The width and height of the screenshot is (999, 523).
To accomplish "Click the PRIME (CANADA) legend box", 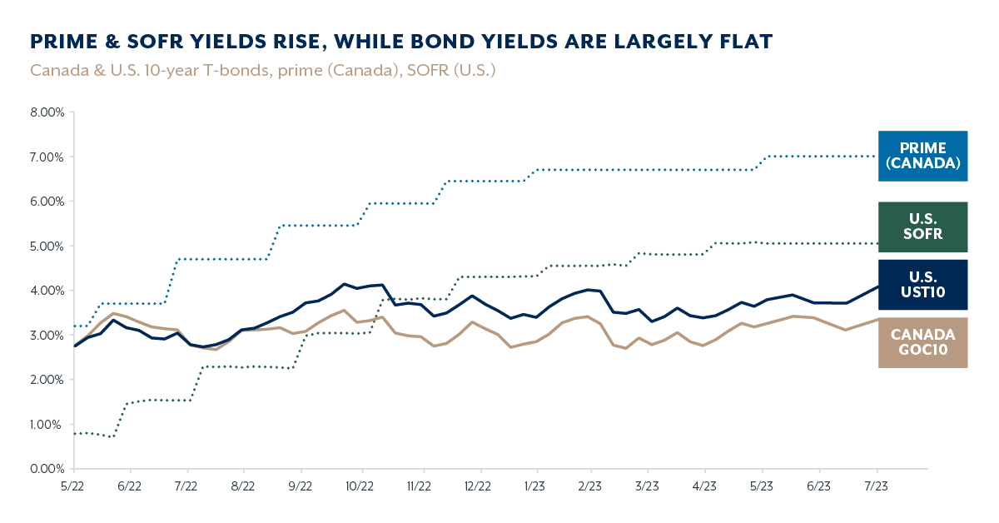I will point(922,156).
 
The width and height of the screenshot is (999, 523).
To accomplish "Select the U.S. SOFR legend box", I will point(922,227).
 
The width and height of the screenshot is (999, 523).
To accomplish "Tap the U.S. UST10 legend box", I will point(922,284).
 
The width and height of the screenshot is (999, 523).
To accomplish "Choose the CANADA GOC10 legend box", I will point(922,342).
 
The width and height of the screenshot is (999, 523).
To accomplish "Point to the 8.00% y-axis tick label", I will point(47,112).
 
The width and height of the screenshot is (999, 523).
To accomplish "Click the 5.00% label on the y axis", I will point(47,246).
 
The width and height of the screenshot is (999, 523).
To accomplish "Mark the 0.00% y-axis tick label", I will point(47,469).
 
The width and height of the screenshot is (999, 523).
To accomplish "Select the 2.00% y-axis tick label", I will point(47,380).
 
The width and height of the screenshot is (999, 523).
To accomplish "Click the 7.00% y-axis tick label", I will point(47,157).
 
